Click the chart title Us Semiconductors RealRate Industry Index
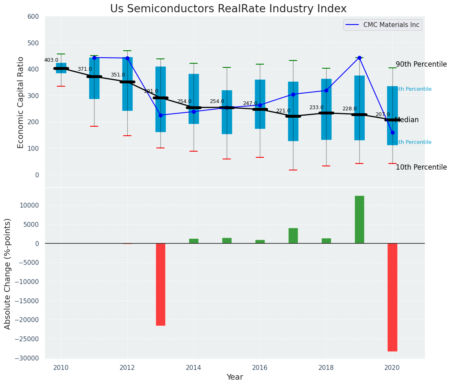pyautogui.click(x=228, y=9)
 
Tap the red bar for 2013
pyautogui.click(x=160, y=284)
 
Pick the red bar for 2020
pyautogui.click(x=392, y=297)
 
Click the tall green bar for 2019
pyautogui.click(x=359, y=219)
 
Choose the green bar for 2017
pyautogui.click(x=293, y=236)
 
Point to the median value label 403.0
pyautogui.click(x=51, y=60)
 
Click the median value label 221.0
pyautogui.click(x=283, y=111)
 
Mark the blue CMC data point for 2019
pyautogui.click(x=359, y=58)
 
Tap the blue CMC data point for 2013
pyautogui.click(x=160, y=115)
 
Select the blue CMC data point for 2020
pyautogui.click(x=392, y=132)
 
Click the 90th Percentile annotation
pyautogui.click(x=421, y=65)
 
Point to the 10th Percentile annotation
pyautogui.click(x=421, y=168)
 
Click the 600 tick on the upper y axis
pyautogui.click(x=33, y=17)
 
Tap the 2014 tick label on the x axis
pyautogui.click(x=194, y=368)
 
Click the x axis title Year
pyautogui.click(x=235, y=377)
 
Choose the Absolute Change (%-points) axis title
pyautogui.click(x=8, y=273)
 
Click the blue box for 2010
pyautogui.click(x=61, y=68)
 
